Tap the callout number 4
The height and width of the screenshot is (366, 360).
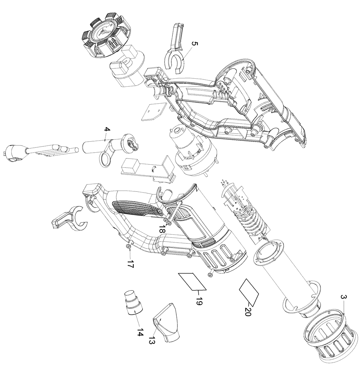click(x=106, y=130)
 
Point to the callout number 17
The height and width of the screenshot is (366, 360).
click(x=131, y=264)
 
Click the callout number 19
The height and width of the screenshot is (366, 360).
click(x=199, y=301)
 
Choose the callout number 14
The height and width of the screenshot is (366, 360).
click(x=139, y=332)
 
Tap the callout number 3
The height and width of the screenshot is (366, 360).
click(x=344, y=298)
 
